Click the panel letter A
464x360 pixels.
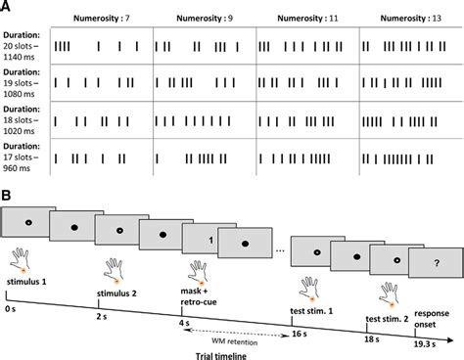tap(9, 8)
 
